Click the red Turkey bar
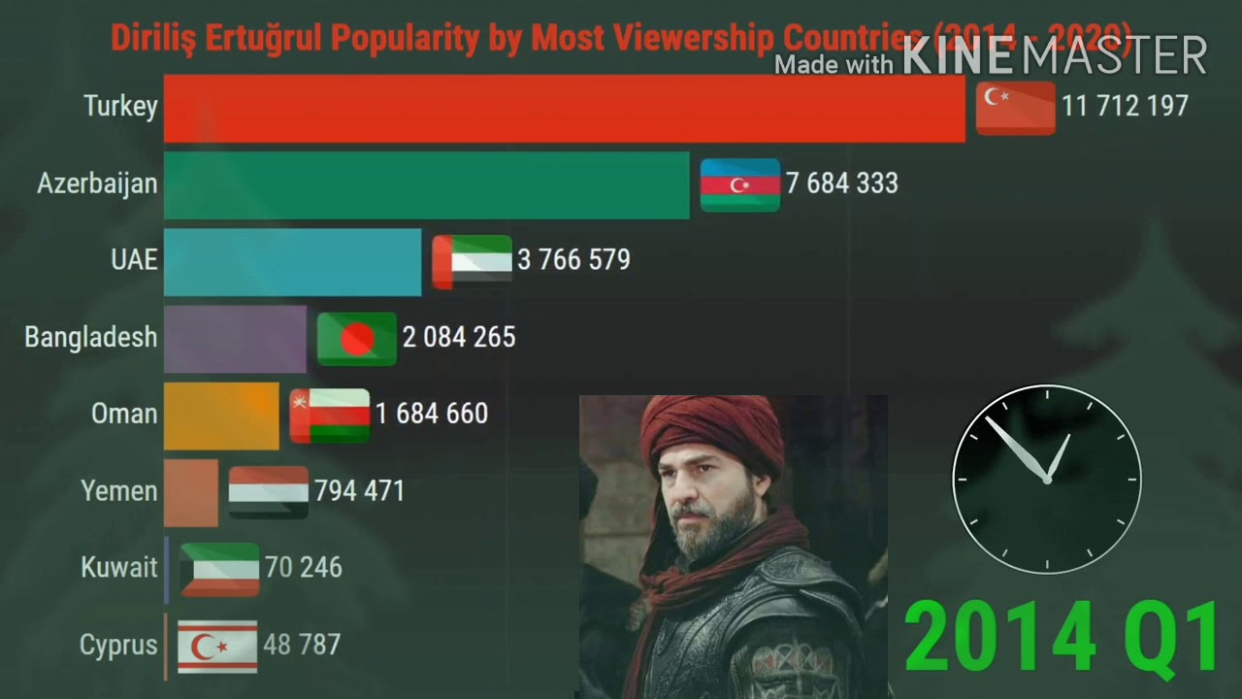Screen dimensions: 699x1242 click(x=564, y=108)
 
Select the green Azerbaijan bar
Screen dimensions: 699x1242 click(x=426, y=183)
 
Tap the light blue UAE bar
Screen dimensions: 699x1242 click(x=292, y=261)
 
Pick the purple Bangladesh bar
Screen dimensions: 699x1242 click(x=235, y=338)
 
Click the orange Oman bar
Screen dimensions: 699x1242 click(x=221, y=416)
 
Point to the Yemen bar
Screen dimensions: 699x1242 click(x=191, y=492)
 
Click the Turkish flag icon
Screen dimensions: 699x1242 click(x=1015, y=107)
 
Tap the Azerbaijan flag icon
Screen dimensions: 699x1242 click(x=740, y=184)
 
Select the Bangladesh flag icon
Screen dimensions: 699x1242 click(x=357, y=338)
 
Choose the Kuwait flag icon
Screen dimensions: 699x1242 click(x=219, y=569)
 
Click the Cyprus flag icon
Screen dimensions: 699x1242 click(x=217, y=646)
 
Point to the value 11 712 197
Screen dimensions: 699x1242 click(x=1125, y=106)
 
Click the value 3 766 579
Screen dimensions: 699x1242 click(x=573, y=260)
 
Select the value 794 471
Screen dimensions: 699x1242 click(x=359, y=491)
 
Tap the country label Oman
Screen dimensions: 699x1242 click(x=124, y=414)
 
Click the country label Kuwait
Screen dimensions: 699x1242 click(x=119, y=568)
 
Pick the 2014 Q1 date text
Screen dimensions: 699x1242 click(x=1062, y=636)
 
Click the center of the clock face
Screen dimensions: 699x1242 click(x=1047, y=479)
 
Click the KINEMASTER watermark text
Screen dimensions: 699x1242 click(x=1055, y=56)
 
